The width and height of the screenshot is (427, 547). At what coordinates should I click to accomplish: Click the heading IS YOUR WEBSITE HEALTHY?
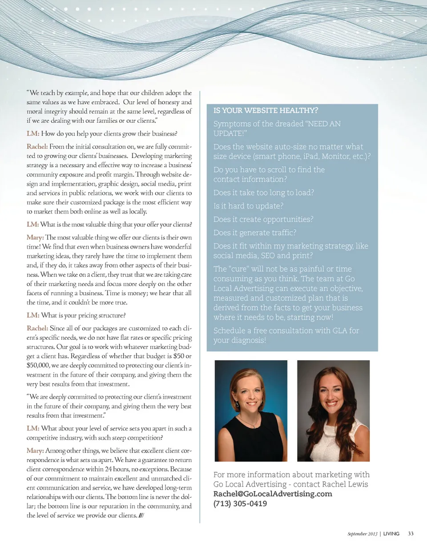[x=266, y=110]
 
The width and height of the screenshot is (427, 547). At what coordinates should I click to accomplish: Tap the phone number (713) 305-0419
[x=240, y=503]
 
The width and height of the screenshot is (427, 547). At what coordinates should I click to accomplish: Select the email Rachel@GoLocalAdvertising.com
[x=273, y=494]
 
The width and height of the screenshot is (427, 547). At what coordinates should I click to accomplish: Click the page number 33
[x=411, y=533]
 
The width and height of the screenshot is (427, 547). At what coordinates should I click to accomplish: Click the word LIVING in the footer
[x=391, y=533]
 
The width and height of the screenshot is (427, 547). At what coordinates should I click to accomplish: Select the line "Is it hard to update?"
[x=249, y=206]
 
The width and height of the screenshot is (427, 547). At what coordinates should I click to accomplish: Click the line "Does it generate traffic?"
[x=255, y=232]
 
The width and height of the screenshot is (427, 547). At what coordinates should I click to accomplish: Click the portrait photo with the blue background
[x=251, y=410]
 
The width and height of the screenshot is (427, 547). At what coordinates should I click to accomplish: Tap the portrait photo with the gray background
[x=333, y=410]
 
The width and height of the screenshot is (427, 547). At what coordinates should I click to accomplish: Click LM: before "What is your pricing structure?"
[x=33, y=316]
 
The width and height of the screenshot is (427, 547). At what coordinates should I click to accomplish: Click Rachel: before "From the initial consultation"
[x=37, y=146]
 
